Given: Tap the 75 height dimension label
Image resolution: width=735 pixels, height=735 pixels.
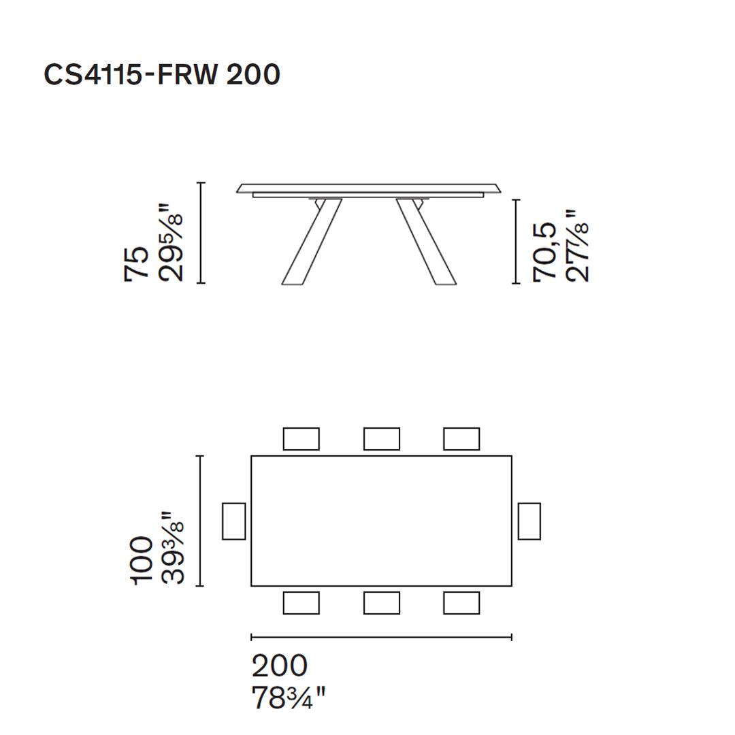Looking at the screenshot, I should coord(136,263).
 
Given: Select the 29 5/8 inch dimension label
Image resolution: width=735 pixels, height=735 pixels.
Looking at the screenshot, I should coord(171,242).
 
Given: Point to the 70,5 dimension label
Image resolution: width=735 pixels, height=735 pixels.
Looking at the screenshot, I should coord(545,252).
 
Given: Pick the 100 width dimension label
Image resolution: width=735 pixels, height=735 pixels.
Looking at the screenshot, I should coord(142,559).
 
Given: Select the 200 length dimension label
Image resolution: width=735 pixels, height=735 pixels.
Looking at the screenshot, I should coord(280,666).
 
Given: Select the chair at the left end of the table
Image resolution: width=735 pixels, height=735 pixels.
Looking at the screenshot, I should coord(233,521).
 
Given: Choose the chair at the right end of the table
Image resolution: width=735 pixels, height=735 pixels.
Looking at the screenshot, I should coord(529,521).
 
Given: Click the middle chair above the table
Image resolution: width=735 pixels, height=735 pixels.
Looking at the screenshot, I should coord(381,439).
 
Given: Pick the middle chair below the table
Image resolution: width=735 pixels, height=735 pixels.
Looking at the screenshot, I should coord(381,603).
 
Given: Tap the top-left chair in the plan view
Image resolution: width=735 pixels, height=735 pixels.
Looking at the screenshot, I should coord(301,439).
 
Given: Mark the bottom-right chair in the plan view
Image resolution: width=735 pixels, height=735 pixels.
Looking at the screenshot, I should coord(461,603).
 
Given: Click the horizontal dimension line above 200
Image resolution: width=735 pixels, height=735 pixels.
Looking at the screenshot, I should coord(381,637).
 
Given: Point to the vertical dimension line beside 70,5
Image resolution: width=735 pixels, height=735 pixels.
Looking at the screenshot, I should coord(515,242).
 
